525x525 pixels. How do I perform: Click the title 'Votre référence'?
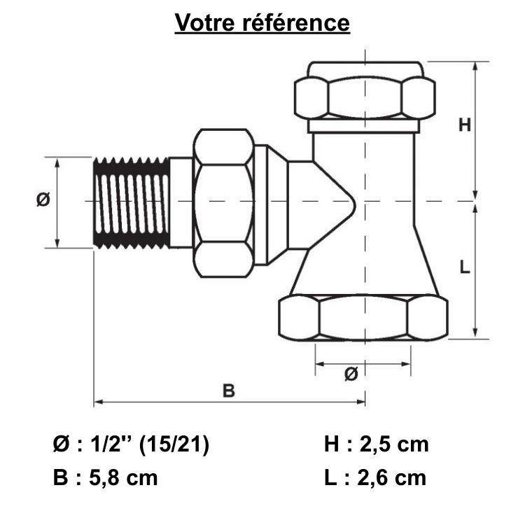click(x=262, y=22)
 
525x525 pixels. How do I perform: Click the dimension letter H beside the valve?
click(x=465, y=125)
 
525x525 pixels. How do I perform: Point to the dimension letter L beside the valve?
click(x=465, y=267)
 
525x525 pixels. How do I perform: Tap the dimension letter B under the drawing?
click(x=229, y=391)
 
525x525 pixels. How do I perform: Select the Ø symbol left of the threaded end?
click(x=43, y=200)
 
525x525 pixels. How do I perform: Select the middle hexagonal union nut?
click(x=223, y=203)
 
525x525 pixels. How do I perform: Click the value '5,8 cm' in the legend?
click(x=125, y=478)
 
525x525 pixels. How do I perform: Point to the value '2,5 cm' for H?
click(x=393, y=444)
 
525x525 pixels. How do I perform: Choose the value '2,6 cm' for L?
click(x=392, y=478)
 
